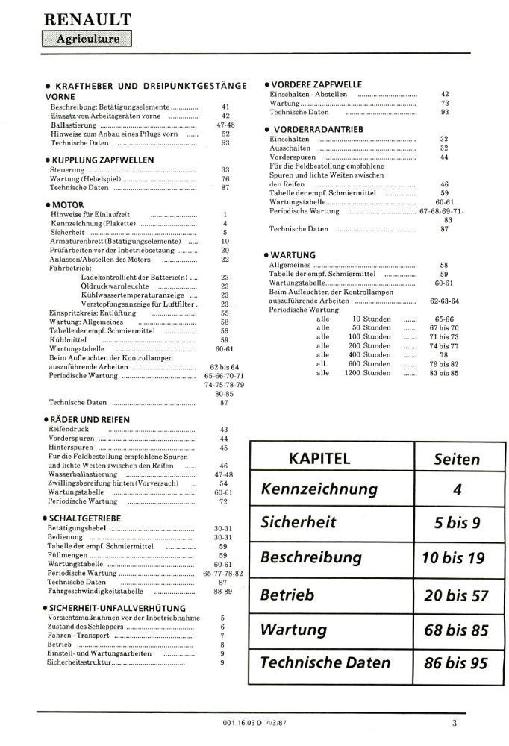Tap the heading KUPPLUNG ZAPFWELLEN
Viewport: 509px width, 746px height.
point(102,160)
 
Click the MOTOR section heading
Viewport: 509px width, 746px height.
point(68,204)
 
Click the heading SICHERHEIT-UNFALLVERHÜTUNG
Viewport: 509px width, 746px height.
point(113,608)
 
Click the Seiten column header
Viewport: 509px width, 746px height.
point(457,460)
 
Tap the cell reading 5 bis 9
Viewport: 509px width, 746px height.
point(457,523)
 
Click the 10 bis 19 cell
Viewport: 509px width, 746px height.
point(457,558)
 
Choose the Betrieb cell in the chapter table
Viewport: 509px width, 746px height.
point(287,595)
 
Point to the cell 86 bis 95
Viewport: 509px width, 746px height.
point(457,662)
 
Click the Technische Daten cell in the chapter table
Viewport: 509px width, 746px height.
point(325,662)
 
